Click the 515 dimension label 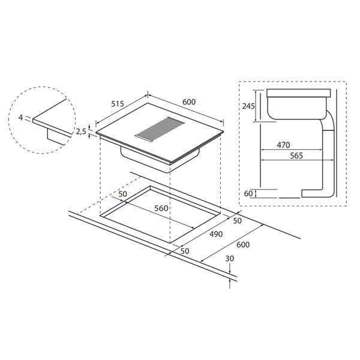117,104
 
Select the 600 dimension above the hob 189,102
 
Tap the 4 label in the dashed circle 21,118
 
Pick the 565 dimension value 296,156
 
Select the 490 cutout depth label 216,233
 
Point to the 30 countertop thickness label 230,258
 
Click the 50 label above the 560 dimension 123,195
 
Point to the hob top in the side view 298,94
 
